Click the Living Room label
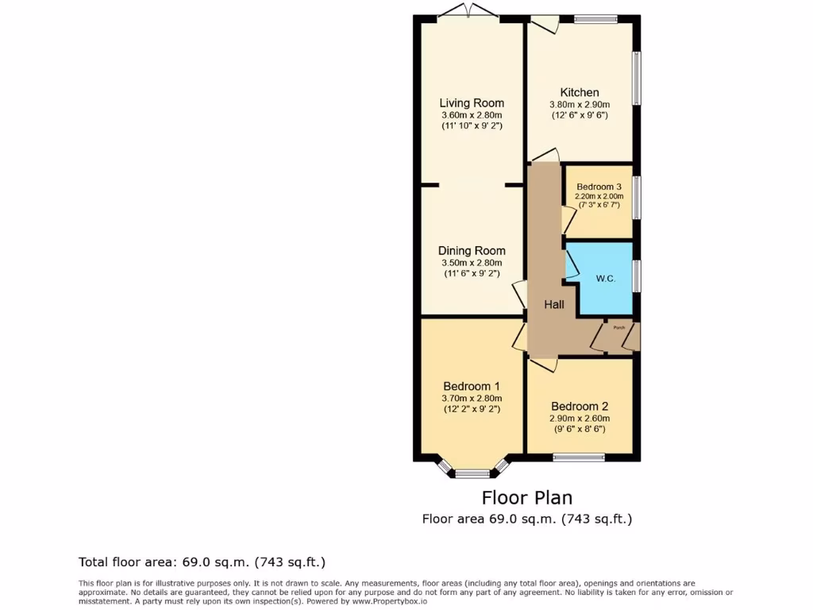[472, 102]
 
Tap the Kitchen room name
[580, 92]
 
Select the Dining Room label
[472, 250]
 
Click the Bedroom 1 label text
[472, 386]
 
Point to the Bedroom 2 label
[580, 406]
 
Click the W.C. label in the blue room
[606, 279]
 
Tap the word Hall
[554, 304]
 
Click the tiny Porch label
[618, 326]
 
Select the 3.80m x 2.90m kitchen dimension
[580, 104]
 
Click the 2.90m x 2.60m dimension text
[580, 418]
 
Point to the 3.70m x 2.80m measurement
[472, 398]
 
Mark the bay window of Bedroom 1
[472, 473]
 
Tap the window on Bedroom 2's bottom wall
[580, 457]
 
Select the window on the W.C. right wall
[636, 276]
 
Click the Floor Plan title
[527, 498]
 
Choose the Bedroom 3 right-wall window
[636, 198]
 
